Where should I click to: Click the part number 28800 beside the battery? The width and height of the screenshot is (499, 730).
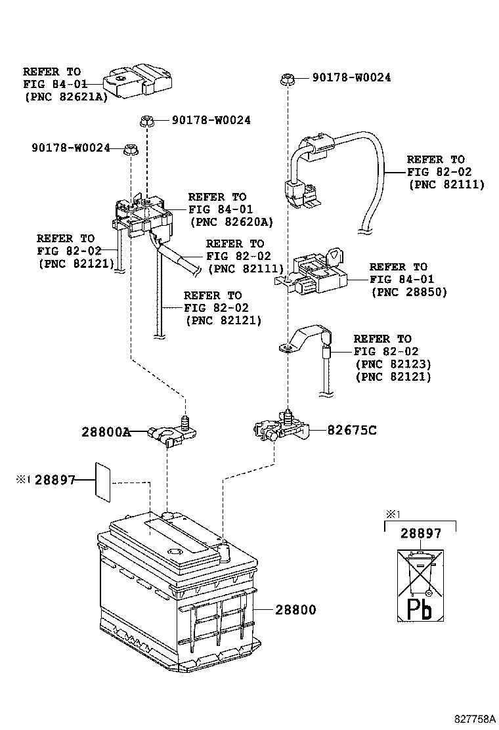coord(295,610)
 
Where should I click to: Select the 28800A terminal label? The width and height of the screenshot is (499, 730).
coord(106,432)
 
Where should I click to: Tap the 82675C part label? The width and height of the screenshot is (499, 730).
coord(352,431)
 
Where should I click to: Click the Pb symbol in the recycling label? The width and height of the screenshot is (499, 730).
coord(418,608)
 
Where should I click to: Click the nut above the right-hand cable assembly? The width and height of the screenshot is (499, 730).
coord(287,79)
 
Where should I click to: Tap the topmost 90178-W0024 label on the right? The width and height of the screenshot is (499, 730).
coord(351,77)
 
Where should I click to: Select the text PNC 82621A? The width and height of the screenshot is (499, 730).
coord(66,96)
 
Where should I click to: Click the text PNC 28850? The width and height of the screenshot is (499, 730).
coord(408,291)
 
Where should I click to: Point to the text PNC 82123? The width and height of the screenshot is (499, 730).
coord(393,364)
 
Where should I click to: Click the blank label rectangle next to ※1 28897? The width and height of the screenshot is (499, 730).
coord(103,481)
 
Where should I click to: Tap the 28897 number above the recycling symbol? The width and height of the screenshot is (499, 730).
coord(420,534)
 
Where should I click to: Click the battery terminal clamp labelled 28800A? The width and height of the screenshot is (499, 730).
coord(169,433)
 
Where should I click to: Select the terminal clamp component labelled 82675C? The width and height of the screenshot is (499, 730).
coord(279,427)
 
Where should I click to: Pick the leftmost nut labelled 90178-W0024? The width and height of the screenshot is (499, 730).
coord(129,149)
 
